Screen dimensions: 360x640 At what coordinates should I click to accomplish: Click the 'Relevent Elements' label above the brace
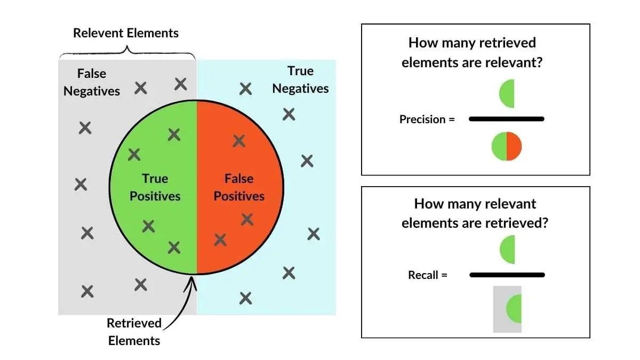(126, 33)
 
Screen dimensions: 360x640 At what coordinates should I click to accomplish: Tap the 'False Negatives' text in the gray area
(92, 82)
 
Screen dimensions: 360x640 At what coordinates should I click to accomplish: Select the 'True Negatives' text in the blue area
(300, 79)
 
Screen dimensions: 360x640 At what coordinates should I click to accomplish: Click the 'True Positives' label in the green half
(155, 187)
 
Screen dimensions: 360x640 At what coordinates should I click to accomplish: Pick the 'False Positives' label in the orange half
(239, 187)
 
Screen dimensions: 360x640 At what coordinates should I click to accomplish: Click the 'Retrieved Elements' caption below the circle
(134, 331)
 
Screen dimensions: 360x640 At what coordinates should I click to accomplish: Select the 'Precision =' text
(427, 119)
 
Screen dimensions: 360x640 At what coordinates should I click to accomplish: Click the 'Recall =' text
(428, 275)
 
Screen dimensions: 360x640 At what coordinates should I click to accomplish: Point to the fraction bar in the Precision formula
(506, 119)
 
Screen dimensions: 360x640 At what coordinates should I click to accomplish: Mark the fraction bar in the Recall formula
(507, 275)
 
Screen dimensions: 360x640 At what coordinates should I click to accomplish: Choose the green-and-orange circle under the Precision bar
(506, 146)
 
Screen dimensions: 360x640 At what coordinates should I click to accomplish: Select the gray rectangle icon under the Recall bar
(507, 309)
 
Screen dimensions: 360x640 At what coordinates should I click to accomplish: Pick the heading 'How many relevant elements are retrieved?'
(475, 213)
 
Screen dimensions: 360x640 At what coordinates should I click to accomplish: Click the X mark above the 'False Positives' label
(239, 141)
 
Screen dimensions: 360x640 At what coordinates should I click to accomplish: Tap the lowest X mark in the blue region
(245, 298)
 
